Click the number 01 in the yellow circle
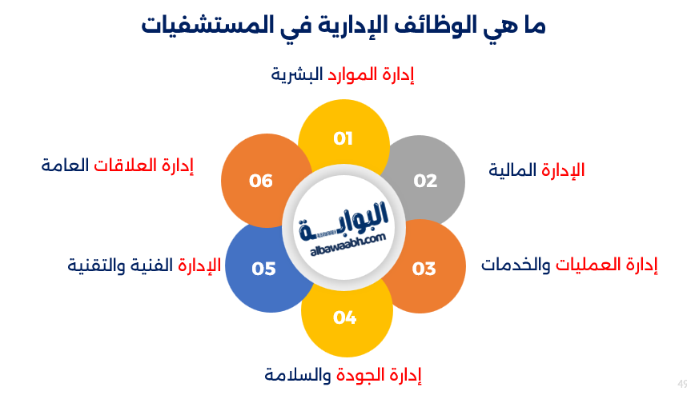click(343, 139)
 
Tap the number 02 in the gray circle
click(425, 181)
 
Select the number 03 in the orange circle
click(424, 268)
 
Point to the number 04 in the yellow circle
click(344, 317)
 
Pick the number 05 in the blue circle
click(263, 268)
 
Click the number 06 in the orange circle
click(261, 181)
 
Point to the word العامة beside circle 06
click(64, 166)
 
